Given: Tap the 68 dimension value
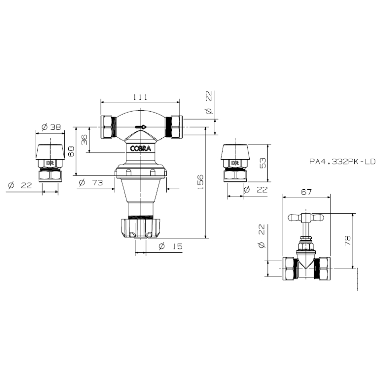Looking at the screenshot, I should tap(71, 151).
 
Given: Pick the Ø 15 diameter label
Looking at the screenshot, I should tap(170, 246).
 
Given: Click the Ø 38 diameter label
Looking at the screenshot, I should tap(51, 127).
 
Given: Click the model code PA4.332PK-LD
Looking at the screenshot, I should tap(342, 161).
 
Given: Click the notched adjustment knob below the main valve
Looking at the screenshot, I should tap(141, 228).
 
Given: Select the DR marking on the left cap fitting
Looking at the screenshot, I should tap(50, 163).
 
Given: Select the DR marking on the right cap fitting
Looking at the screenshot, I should tap(235, 163).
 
